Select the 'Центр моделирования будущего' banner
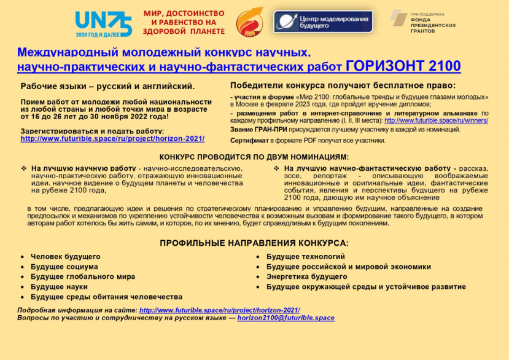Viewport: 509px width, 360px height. [x=323, y=22]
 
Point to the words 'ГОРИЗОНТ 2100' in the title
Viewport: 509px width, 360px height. [x=403, y=66]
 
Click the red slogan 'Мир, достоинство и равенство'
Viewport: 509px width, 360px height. [x=184, y=22]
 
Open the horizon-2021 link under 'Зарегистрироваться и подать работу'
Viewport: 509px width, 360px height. [x=112, y=139]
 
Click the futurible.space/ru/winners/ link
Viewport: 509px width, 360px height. [x=436, y=121]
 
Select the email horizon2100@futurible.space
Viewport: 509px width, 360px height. [x=286, y=318]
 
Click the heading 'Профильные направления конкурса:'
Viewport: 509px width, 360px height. [x=254, y=243]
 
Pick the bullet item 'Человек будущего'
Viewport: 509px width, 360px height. [x=66, y=256]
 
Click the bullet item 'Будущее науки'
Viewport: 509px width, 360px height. [x=59, y=287]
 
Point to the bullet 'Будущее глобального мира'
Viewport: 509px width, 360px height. [x=83, y=276]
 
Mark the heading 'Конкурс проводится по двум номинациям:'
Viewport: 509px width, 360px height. [x=254, y=158]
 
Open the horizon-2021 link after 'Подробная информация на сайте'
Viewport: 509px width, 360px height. [x=219, y=310]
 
